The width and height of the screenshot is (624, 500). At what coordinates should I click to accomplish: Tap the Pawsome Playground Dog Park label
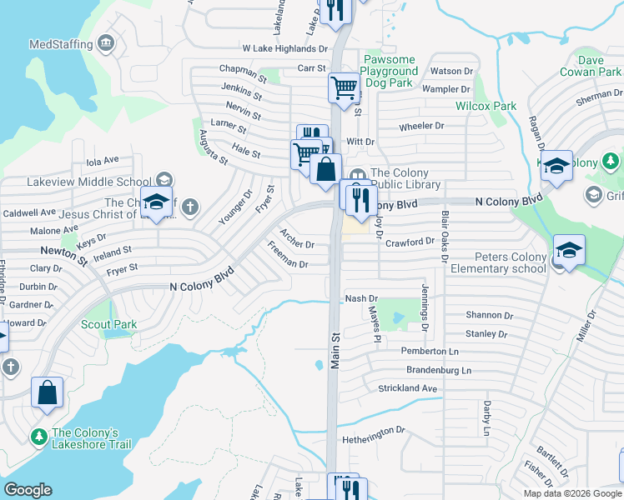pos(390,72)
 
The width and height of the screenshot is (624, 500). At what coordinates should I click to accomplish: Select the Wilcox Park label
pos(486,106)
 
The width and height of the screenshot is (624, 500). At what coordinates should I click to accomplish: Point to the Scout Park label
pos(108,324)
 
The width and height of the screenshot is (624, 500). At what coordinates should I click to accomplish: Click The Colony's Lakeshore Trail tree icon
pos(38,436)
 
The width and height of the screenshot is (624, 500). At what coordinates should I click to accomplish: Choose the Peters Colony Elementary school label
pos(499,262)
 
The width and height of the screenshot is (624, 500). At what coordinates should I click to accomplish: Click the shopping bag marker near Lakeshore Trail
pos(47,392)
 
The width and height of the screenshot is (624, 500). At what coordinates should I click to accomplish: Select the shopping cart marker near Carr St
pos(343,87)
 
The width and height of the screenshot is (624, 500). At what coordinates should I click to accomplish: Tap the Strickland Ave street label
pos(408,388)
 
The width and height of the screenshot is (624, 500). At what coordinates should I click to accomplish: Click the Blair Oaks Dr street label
pos(443,227)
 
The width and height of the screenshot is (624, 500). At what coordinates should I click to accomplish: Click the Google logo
pos(28,490)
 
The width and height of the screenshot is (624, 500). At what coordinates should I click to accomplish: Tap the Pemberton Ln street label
pos(430,352)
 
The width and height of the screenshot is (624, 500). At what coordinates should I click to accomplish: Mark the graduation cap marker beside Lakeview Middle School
pos(155,202)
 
